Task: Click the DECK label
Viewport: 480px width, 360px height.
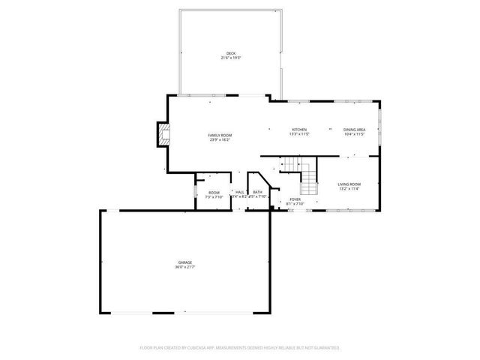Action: tap(231, 52)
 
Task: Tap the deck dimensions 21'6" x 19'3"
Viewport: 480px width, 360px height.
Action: tap(231, 57)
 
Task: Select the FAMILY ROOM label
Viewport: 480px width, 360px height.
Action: tap(219, 135)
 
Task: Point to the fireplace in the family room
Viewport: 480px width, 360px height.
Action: tap(161, 135)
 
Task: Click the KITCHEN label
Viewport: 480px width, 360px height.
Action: tap(299, 130)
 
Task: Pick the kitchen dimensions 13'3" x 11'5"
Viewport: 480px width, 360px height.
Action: tap(299, 134)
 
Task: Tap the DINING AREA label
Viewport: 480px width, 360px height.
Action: tap(355, 130)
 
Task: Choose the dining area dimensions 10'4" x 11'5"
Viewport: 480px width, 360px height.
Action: tap(355, 134)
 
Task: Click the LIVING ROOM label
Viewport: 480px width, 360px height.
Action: tap(349, 184)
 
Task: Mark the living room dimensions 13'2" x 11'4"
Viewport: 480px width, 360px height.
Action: tap(349, 189)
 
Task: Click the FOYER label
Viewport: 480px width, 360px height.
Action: tap(295, 199)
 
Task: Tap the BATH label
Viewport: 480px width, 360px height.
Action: tap(257, 192)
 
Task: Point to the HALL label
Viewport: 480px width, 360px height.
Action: tap(239, 192)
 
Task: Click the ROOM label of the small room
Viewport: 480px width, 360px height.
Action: tap(214, 192)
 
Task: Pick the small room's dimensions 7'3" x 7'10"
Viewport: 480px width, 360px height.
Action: tap(214, 197)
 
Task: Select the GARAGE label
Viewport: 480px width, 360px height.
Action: tap(184, 262)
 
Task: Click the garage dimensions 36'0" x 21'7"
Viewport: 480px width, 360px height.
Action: tap(184, 267)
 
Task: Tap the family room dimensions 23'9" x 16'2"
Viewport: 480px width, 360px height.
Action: tap(219, 139)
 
